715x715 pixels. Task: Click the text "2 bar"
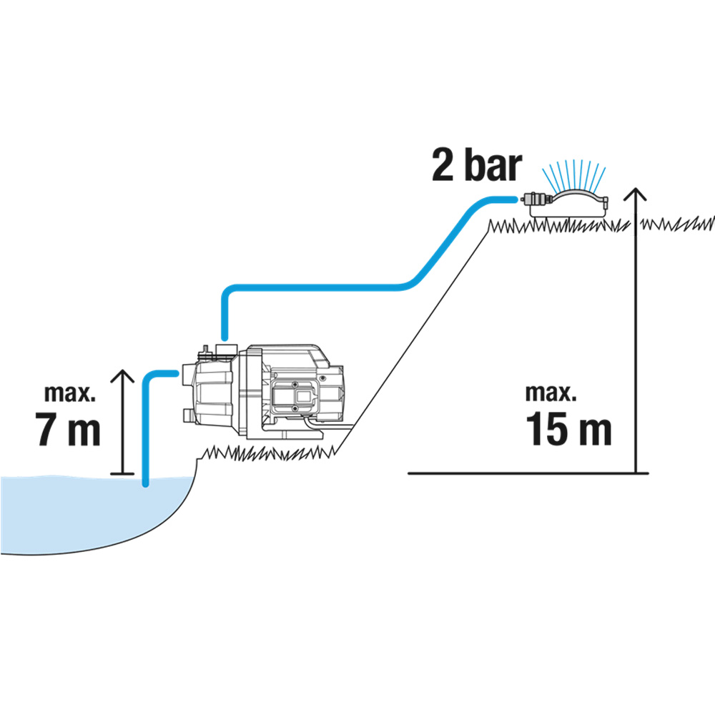(475, 166)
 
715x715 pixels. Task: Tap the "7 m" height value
(67, 428)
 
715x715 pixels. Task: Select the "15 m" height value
(569, 428)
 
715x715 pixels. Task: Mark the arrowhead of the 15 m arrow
(634, 193)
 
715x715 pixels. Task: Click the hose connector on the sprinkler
(531, 198)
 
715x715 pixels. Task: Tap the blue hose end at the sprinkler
(509, 199)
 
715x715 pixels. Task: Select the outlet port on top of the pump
(224, 350)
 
